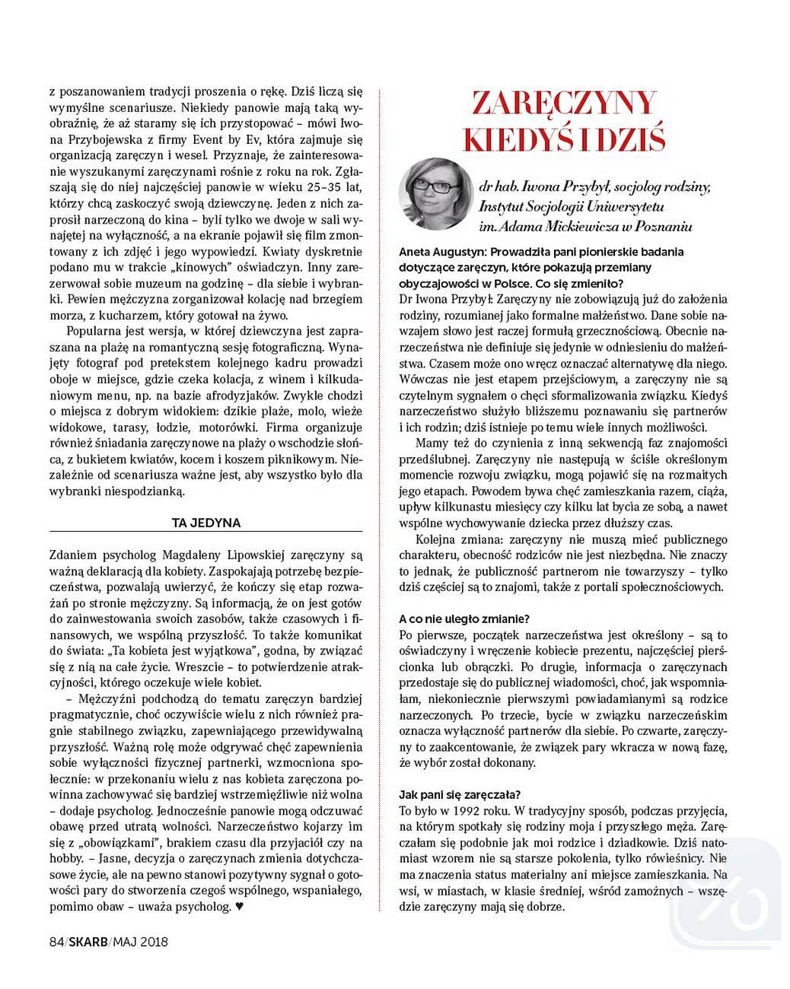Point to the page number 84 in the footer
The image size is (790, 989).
(55, 941)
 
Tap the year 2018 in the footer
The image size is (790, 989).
(153, 941)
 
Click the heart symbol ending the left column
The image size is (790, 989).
(239, 907)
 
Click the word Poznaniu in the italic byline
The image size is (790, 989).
(662, 226)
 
